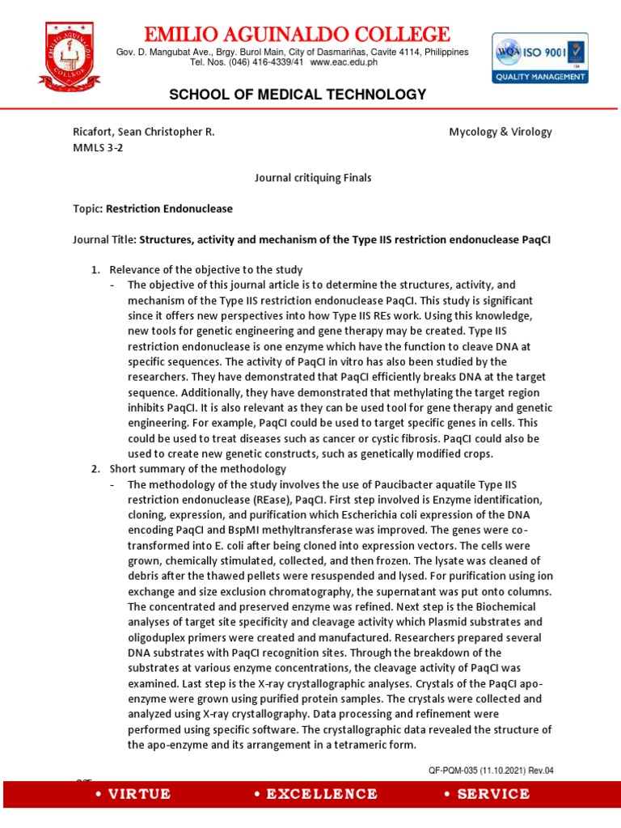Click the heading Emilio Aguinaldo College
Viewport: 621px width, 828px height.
[296, 35]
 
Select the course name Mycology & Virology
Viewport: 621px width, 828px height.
[501, 132]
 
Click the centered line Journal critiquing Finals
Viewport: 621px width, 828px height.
[302, 178]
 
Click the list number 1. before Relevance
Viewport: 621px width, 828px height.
[95, 269]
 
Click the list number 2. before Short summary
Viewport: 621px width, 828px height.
[95, 469]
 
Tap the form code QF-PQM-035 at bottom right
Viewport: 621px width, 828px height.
[457, 770]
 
